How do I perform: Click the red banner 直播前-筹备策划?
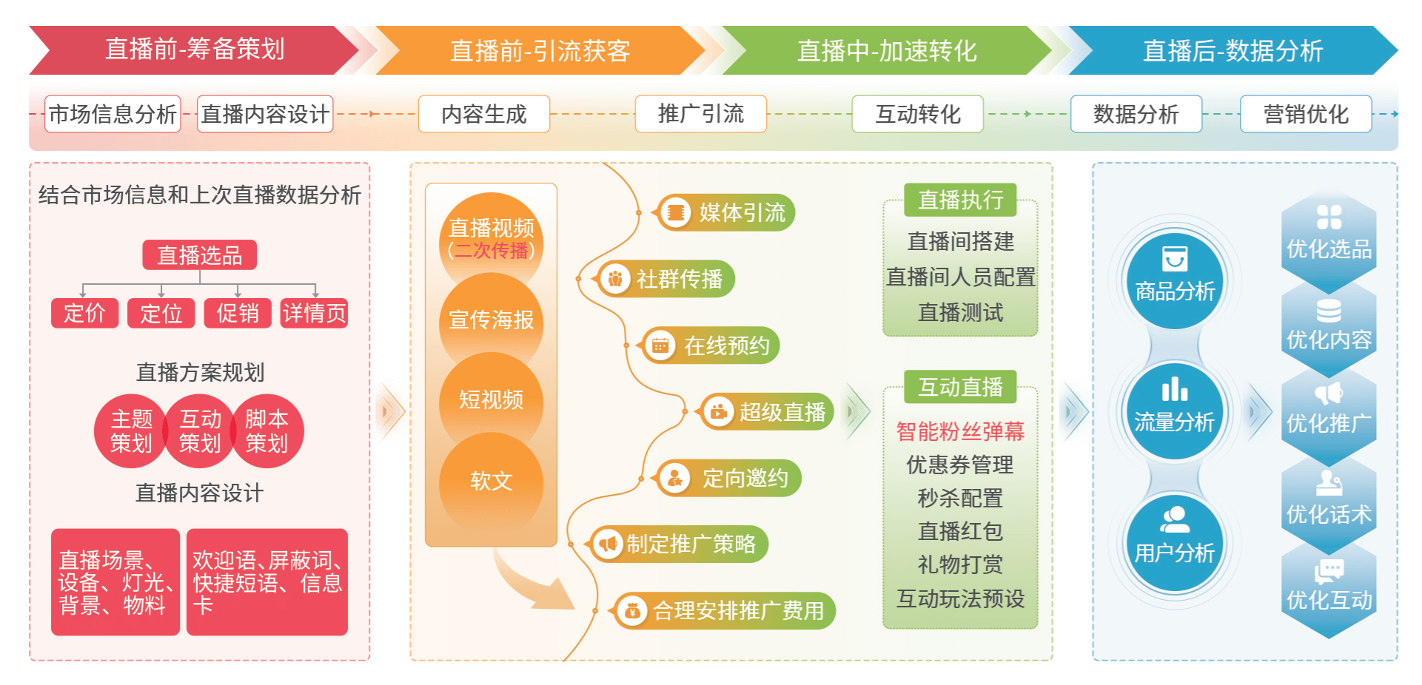pyautogui.click(x=194, y=50)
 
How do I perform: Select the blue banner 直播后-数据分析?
pyautogui.click(x=1232, y=50)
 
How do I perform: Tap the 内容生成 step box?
pyautogui.click(x=484, y=114)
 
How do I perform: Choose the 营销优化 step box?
pyautogui.click(x=1306, y=114)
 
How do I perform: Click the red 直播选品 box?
pyautogui.click(x=200, y=255)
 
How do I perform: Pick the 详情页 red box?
pyautogui.click(x=314, y=313)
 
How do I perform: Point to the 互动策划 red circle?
pyautogui.click(x=200, y=431)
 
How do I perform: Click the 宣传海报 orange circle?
pyautogui.click(x=491, y=320)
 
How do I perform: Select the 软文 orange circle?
pyautogui.click(x=491, y=481)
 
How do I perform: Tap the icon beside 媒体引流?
pyautogui.click(x=675, y=213)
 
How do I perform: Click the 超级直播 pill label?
pyautogui.click(x=768, y=412)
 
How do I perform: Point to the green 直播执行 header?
pyautogui.click(x=960, y=200)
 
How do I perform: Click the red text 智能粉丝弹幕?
pyautogui.click(x=960, y=431)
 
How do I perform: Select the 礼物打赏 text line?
pyautogui.click(x=960, y=564)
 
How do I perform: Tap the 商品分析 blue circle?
pyautogui.click(x=1175, y=280)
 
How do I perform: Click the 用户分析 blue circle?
pyautogui.click(x=1175, y=541)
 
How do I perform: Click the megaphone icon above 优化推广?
pyautogui.click(x=1329, y=394)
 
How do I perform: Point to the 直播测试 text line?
pyautogui.click(x=960, y=312)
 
